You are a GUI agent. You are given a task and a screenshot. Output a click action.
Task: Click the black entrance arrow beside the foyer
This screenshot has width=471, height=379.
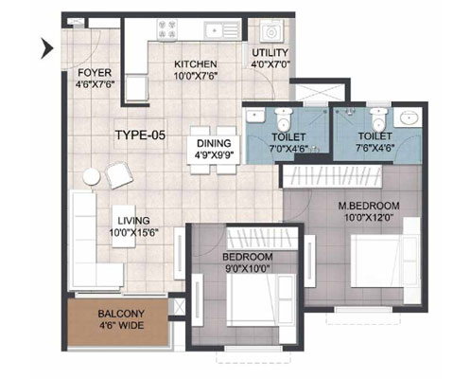47,48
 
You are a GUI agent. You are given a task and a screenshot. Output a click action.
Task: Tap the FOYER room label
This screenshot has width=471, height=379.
95,73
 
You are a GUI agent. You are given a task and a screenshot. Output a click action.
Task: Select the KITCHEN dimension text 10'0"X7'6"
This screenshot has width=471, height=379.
196,76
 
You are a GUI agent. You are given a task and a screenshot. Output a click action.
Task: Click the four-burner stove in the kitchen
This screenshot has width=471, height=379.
167,29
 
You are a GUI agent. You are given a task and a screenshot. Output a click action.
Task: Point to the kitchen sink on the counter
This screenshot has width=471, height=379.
222,30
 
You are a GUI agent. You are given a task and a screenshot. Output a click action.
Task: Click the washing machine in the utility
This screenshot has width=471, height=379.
271,32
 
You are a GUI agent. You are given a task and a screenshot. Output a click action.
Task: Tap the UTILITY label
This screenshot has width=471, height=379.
270,52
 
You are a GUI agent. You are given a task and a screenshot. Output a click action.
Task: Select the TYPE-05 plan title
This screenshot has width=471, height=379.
140,135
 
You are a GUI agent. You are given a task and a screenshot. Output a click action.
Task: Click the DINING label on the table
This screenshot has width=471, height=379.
214,143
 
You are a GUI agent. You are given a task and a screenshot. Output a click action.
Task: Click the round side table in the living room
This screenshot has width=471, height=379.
92,177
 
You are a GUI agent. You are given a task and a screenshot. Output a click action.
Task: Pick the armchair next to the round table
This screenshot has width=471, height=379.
119,175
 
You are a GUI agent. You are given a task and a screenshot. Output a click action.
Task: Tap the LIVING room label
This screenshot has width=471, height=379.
133,221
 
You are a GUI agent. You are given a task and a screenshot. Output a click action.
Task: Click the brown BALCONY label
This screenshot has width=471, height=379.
121,314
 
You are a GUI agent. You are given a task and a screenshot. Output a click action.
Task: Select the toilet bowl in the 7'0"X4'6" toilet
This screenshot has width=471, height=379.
284,121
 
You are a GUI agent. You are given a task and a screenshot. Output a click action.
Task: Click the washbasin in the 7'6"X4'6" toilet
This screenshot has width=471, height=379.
409,117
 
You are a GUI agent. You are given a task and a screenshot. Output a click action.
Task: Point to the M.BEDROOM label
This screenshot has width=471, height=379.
369,206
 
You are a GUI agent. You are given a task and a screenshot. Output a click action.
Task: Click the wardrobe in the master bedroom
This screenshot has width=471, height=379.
333,177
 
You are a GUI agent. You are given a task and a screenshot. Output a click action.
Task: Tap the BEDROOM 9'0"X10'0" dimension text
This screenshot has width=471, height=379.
248,269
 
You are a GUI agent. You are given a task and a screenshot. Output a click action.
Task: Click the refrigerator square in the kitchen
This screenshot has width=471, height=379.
137,88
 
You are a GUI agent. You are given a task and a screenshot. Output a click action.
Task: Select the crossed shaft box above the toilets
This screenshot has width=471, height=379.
320,93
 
